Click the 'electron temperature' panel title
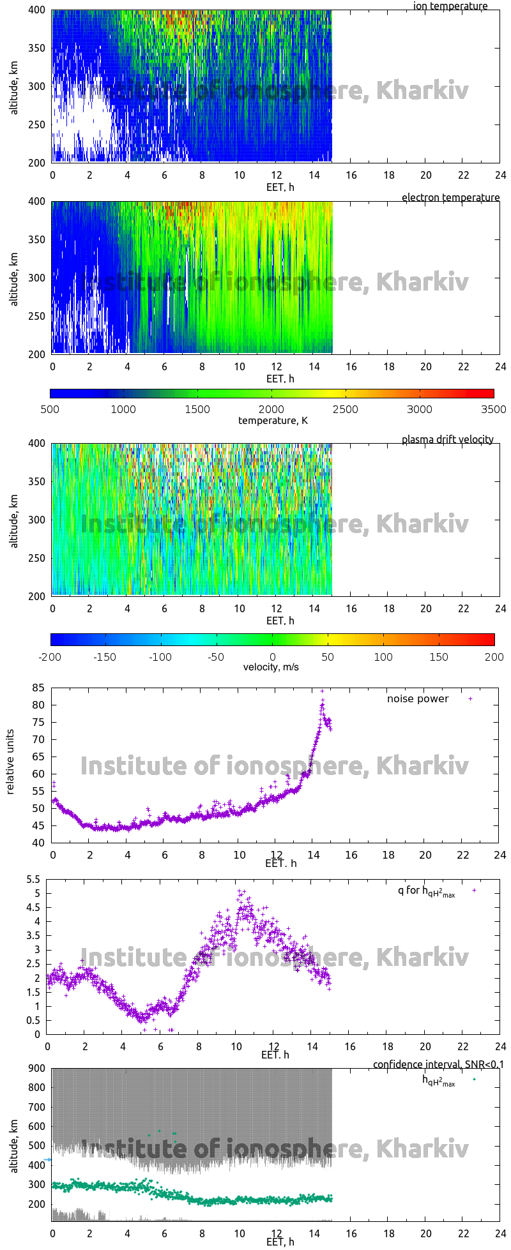[x=450, y=197]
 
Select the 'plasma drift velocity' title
[x=447, y=439]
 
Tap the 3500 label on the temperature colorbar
[x=493, y=409]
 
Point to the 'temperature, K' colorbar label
[x=273, y=420]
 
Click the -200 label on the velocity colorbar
[x=50, y=656]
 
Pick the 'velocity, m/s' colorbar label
[x=271, y=667]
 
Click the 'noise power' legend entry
[x=418, y=698]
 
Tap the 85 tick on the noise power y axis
[x=38, y=688]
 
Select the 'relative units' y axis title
[x=10, y=764]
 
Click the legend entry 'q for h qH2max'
[x=426, y=891]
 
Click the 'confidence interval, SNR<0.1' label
[x=438, y=1064]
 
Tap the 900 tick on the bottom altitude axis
[x=36, y=1069]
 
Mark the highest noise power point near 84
[x=323, y=691]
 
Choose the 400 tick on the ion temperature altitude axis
[x=36, y=10]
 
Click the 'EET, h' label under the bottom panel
[x=280, y=1241]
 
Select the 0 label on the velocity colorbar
[x=272, y=656]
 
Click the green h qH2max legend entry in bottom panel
[x=439, y=1080]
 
